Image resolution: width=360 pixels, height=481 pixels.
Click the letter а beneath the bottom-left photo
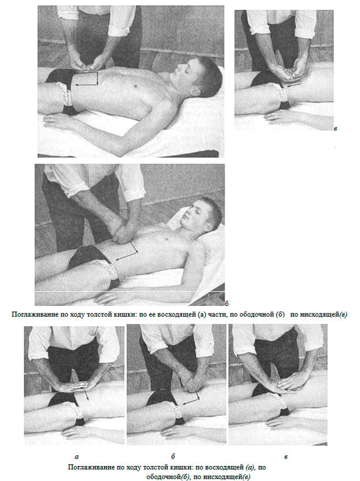77,457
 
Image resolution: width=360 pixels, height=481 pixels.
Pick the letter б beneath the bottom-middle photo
173,457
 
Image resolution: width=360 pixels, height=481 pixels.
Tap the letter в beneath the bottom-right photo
286,457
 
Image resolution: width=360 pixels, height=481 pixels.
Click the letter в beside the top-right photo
336,129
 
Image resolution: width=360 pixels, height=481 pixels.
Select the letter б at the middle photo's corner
226,304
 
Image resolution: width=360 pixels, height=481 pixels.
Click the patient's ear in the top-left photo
195,91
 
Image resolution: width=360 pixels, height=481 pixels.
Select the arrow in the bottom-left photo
87,394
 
